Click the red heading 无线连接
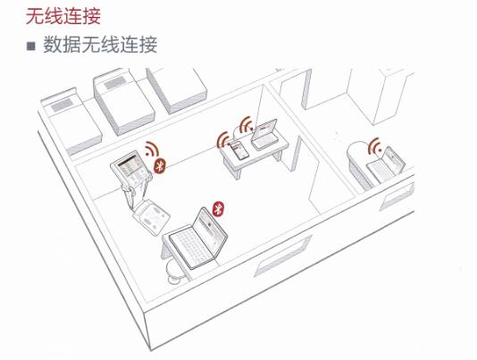click(63, 16)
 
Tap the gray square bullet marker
click(30, 46)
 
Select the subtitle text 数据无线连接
click(100, 45)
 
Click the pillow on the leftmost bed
click(62, 105)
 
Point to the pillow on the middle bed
click(115, 82)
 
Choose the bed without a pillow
click(177, 88)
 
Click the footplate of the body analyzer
click(151, 216)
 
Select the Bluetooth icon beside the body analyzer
click(159, 166)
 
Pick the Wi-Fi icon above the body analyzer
click(151, 149)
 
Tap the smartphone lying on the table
click(238, 150)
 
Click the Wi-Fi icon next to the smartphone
click(224, 139)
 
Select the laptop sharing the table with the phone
click(264, 135)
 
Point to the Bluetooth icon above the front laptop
click(218, 209)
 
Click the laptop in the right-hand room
click(385, 165)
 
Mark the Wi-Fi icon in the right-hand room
click(375, 146)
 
